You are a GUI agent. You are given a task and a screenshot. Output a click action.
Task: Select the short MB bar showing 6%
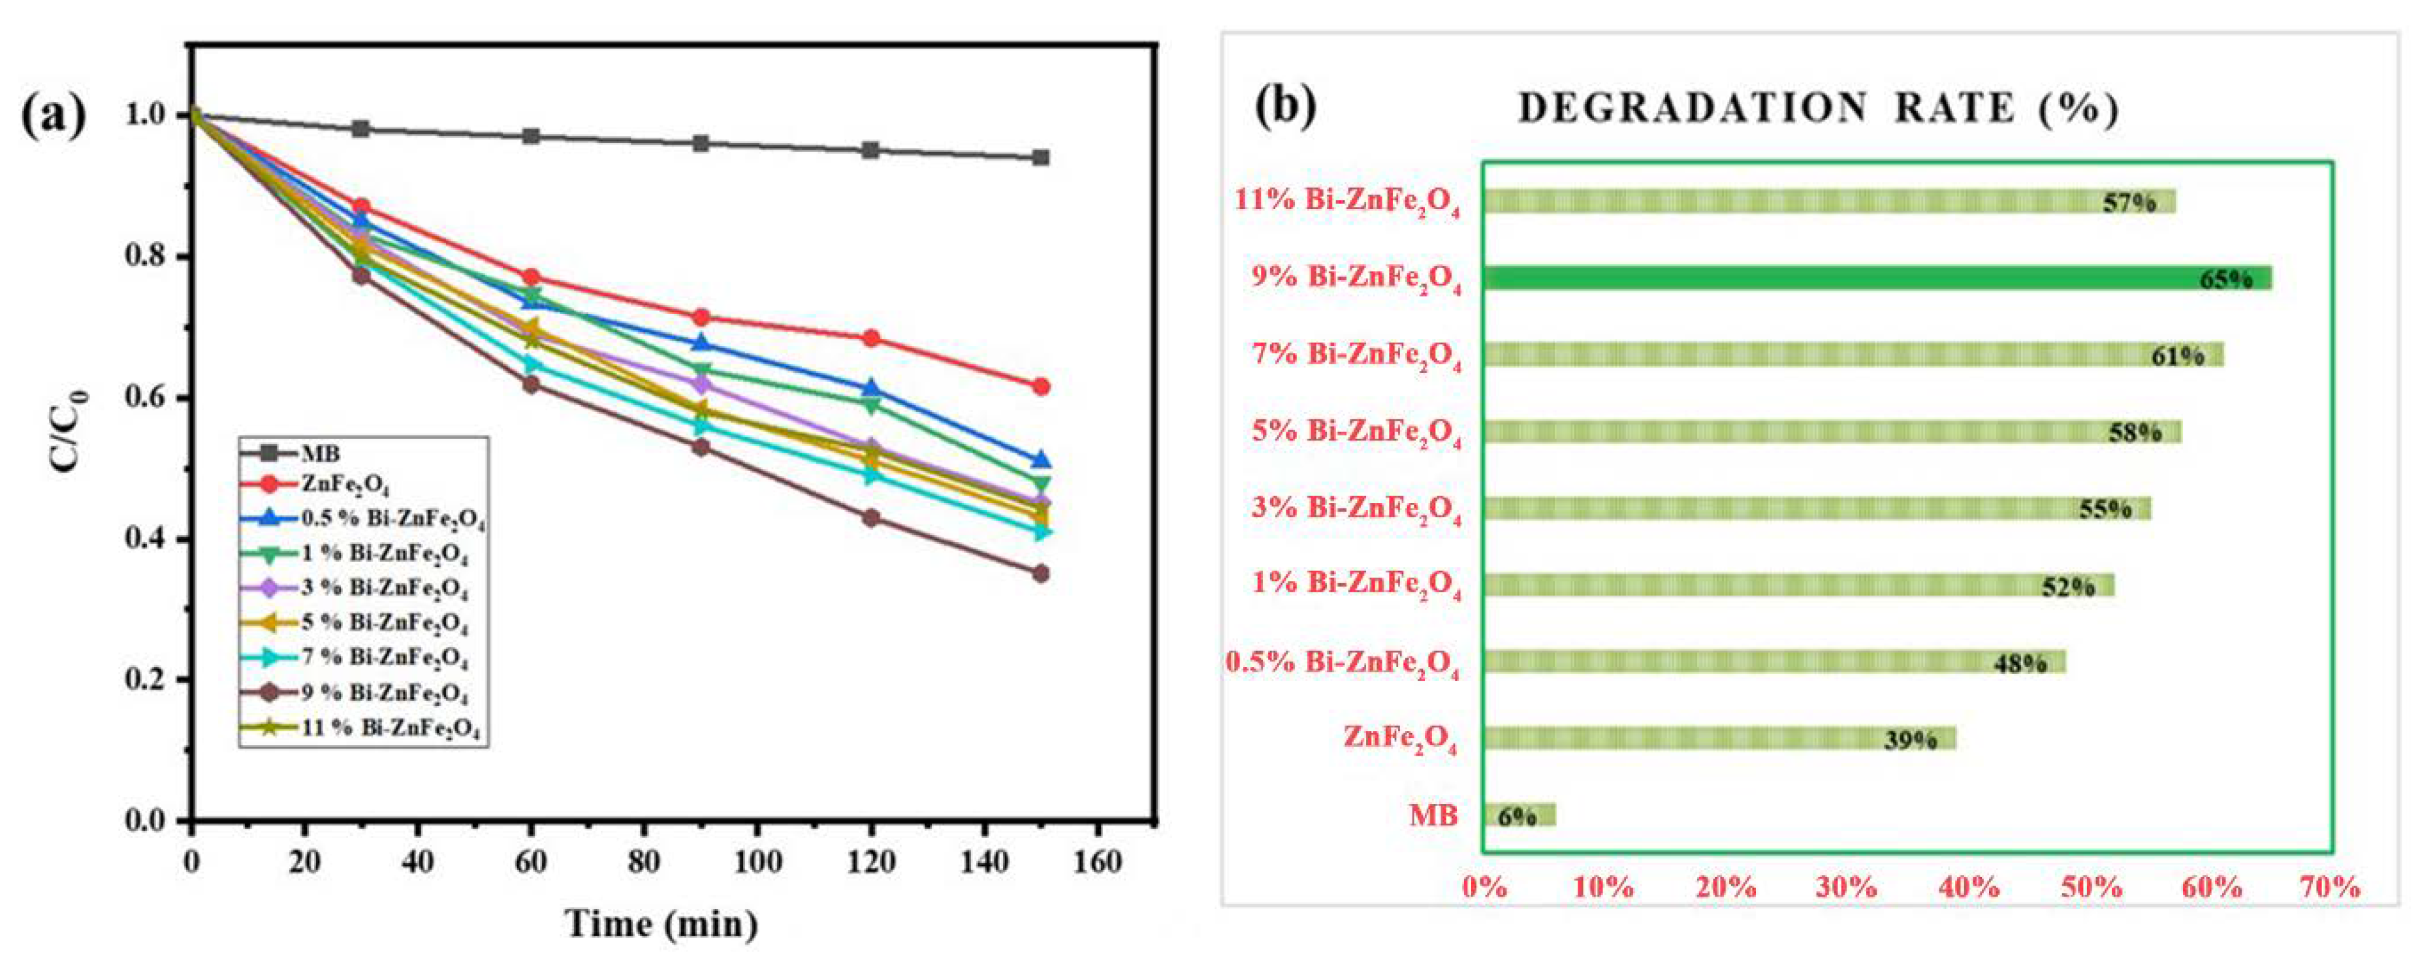1518,814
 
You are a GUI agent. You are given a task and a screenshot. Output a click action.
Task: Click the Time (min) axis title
661,924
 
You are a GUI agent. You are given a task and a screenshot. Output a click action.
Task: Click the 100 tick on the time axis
757,862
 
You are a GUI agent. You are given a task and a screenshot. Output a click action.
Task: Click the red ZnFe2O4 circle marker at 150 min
1041,387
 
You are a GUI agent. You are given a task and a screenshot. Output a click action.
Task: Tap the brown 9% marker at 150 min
1041,573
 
